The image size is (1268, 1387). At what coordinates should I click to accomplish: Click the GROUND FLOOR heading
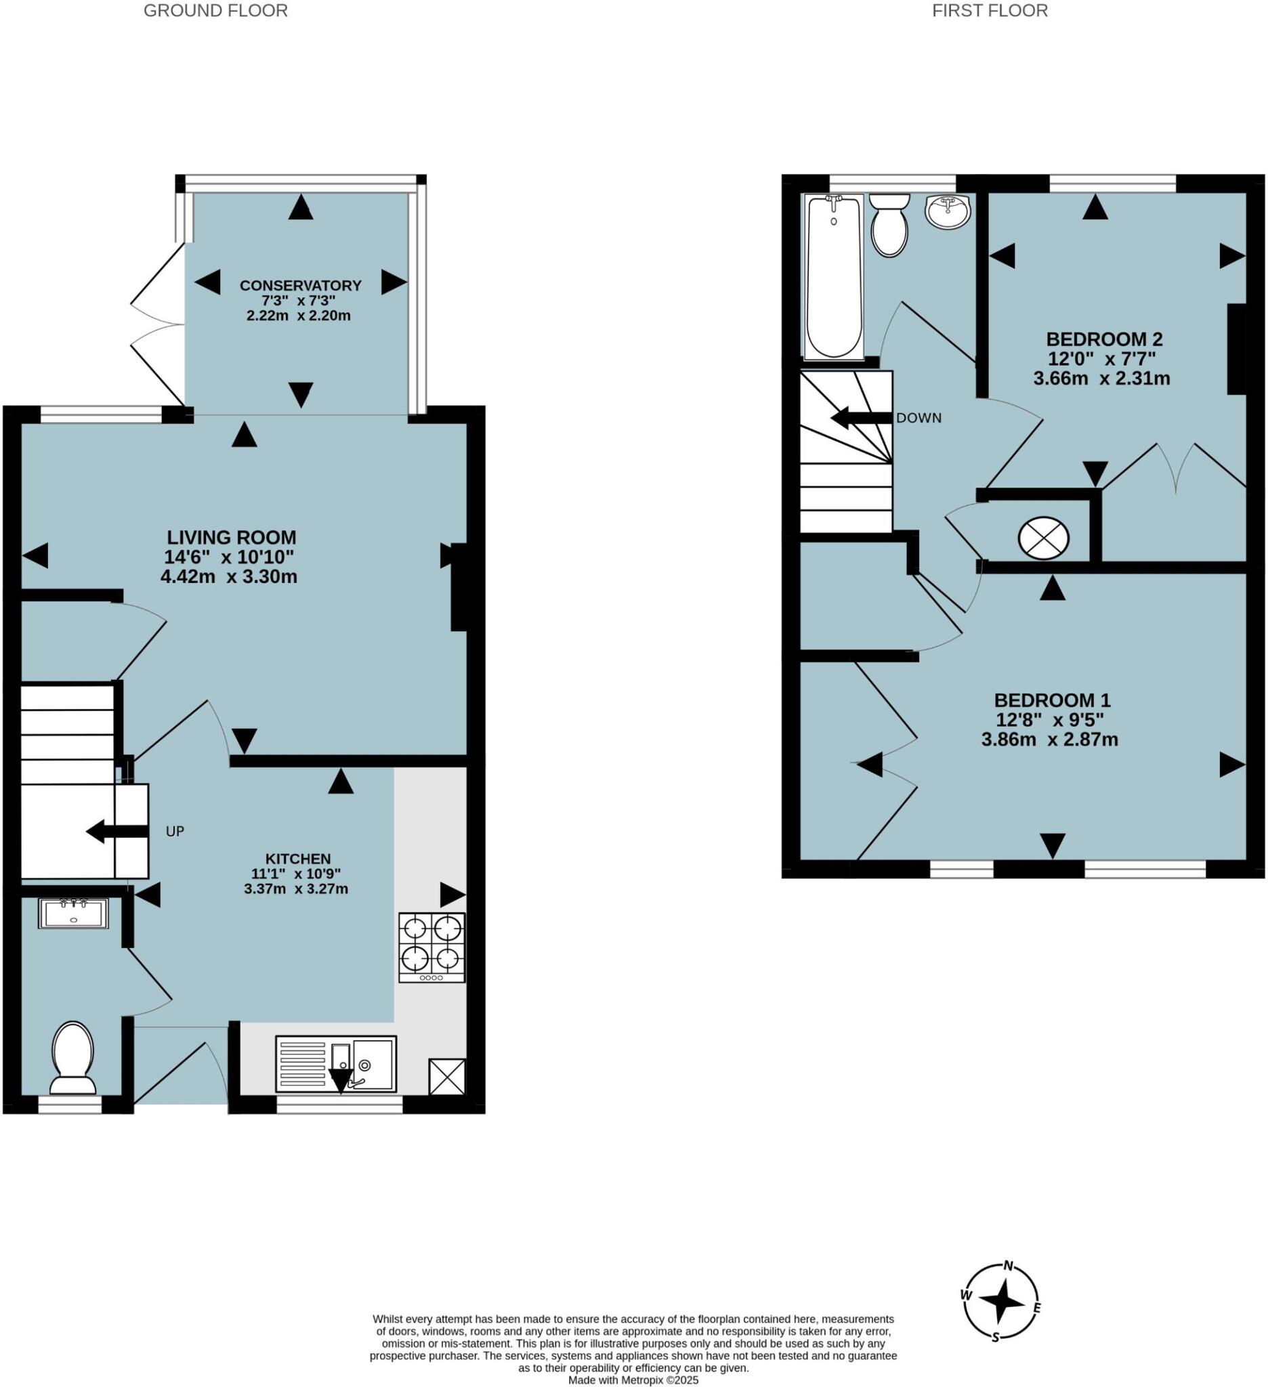215,11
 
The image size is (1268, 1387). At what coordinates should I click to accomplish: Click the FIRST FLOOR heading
990,11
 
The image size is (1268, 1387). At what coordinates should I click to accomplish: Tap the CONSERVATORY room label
300,286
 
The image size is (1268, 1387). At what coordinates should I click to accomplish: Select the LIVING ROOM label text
231,537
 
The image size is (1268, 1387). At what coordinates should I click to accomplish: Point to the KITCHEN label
298,859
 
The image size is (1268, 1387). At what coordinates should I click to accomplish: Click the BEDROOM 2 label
1103,339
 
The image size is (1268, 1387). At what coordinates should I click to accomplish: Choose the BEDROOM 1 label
1052,700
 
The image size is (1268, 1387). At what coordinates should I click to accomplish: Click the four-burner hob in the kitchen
431,947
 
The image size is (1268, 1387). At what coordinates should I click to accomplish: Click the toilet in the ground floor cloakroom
73,1057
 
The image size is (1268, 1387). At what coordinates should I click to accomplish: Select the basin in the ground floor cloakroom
73,914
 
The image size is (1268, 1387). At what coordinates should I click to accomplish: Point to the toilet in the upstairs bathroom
889,225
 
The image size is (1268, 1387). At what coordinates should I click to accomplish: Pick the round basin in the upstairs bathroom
948,211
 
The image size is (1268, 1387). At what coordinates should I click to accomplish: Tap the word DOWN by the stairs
918,419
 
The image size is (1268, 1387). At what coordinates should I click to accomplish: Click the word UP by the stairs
175,831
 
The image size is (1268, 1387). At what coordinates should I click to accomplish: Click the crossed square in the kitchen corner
446,1077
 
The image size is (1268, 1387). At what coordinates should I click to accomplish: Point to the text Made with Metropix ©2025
633,1380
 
